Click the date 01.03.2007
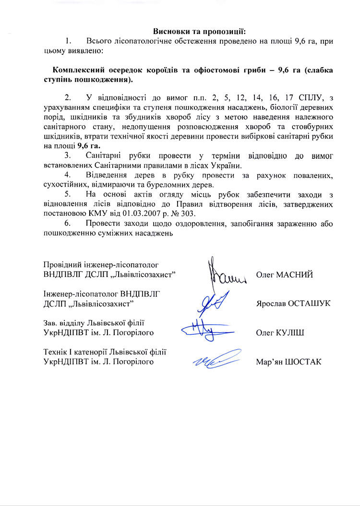(x=144, y=213)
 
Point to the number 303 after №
(x=196, y=213)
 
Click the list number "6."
(x=68, y=223)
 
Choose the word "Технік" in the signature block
(x=55, y=352)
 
